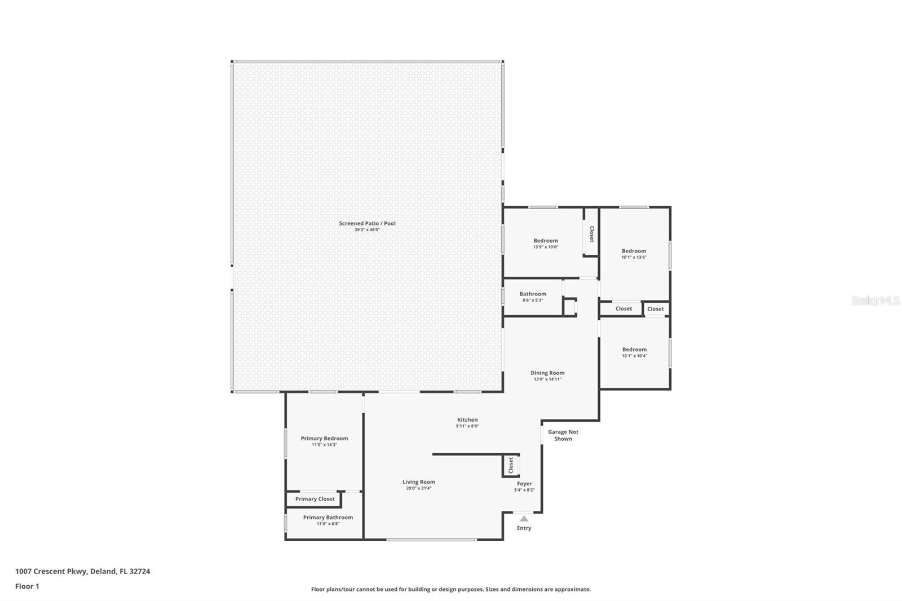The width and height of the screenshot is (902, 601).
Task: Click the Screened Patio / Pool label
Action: coord(367,223)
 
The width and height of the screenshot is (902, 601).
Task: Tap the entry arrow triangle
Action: coord(524,519)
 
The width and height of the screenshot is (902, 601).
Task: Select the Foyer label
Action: coord(524,484)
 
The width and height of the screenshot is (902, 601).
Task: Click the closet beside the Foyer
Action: coord(511,466)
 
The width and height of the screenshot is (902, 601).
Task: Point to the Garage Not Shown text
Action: coord(563,435)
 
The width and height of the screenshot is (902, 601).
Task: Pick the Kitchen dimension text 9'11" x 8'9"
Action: coord(467,426)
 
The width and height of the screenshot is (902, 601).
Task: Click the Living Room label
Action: coord(418,482)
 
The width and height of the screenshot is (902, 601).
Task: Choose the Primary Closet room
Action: coord(315,499)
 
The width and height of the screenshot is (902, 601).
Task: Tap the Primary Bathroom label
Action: coord(328,518)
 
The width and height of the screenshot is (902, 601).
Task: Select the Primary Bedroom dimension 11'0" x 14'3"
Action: coord(324,445)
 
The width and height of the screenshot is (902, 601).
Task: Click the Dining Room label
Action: coord(547,373)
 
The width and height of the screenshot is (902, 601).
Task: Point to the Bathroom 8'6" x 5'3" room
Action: coord(533,297)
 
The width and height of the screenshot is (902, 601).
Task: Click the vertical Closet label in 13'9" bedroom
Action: coord(591,233)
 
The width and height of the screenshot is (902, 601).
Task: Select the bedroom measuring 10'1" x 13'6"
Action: coord(634,254)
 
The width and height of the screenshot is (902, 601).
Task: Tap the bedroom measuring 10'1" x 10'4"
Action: coord(634,352)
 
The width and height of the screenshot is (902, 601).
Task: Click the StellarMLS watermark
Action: coord(875,300)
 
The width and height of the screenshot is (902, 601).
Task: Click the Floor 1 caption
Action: coord(27,586)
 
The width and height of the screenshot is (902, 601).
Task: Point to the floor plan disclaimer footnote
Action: coord(450,589)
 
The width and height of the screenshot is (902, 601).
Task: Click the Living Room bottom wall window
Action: coord(431,540)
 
